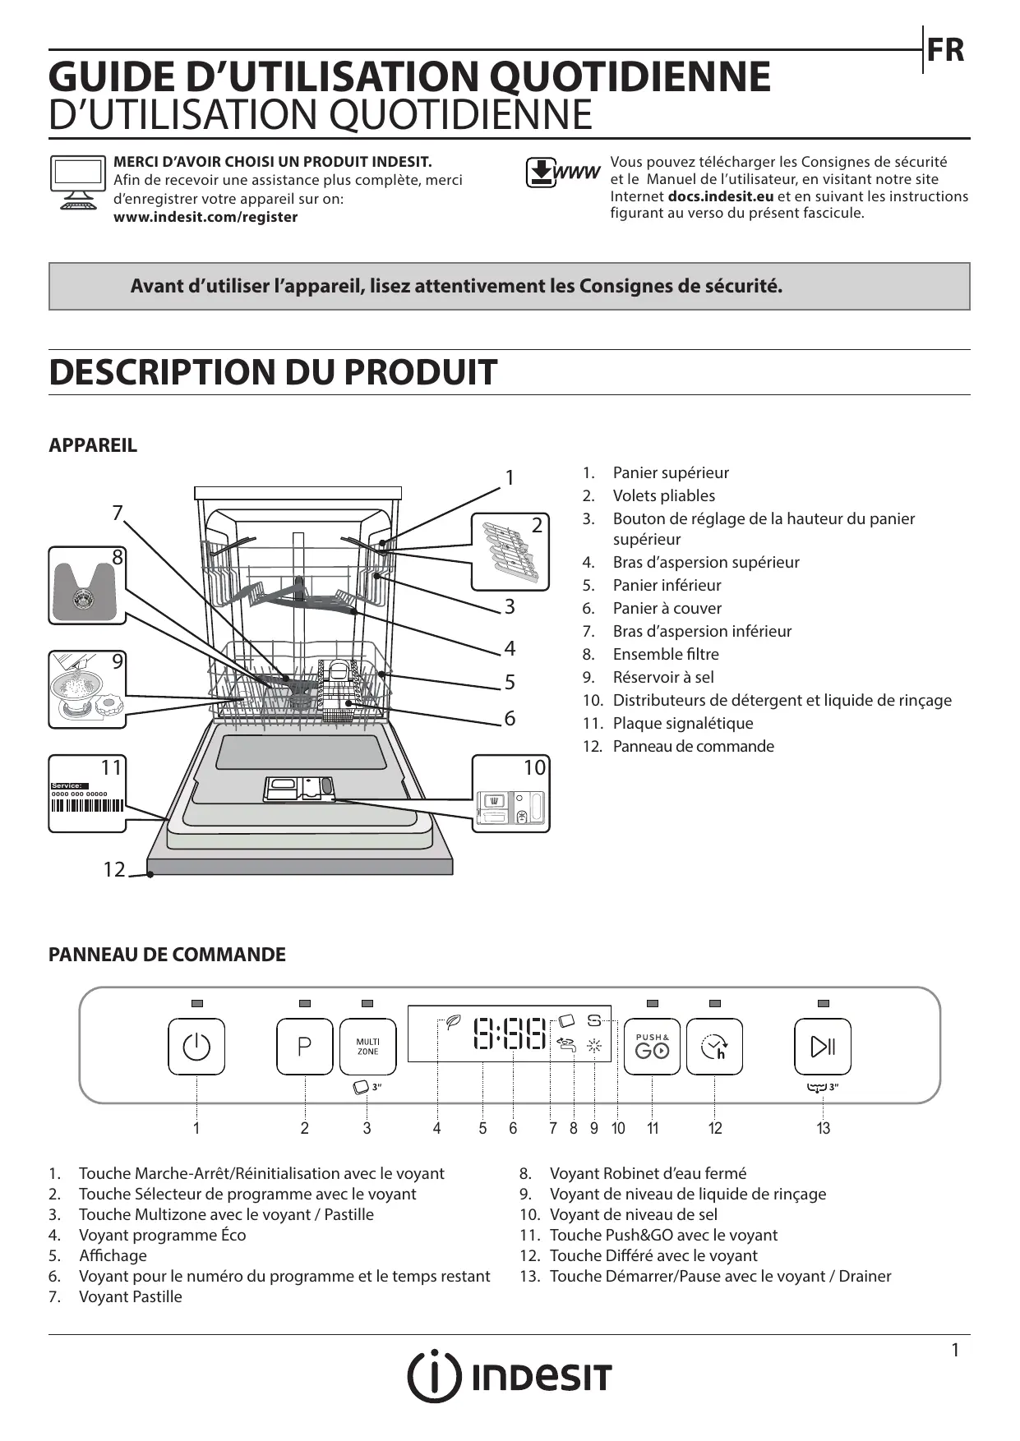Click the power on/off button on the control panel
(x=196, y=1047)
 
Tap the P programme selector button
(x=304, y=1047)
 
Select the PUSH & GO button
(x=652, y=1047)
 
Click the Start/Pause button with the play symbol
(x=823, y=1047)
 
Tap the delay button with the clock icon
(x=714, y=1047)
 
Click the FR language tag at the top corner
(x=945, y=50)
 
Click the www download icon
(x=562, y=173)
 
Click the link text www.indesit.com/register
(x=205, y=217)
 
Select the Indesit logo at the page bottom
(x=510, y=1376)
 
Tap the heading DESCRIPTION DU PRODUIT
(x=273, y=372)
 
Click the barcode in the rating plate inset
(x=87, y=805)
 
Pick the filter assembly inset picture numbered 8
(x=86, y=585)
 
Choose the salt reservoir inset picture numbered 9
(x=86, y=690)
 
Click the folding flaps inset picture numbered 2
(x=510, y=551)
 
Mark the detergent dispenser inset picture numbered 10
(x=510, y=794)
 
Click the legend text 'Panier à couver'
(x=667, y=608)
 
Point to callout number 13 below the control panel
(x=823, y=1128)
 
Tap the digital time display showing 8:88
(x=510, y=1033)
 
